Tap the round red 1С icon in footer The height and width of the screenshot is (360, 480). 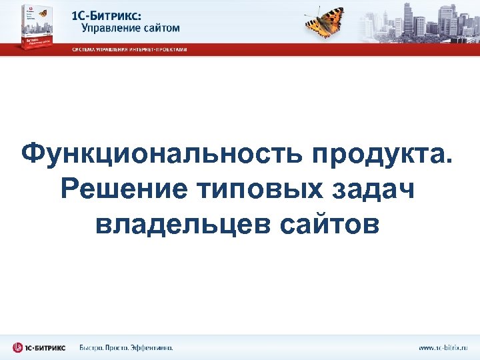click(x=18, y=347)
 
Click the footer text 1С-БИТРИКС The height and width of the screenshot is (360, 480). click(x=46, y=347)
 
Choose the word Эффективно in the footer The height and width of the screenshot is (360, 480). click(x=153, y=347)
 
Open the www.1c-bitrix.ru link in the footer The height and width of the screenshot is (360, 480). click(x=443, y=347)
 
